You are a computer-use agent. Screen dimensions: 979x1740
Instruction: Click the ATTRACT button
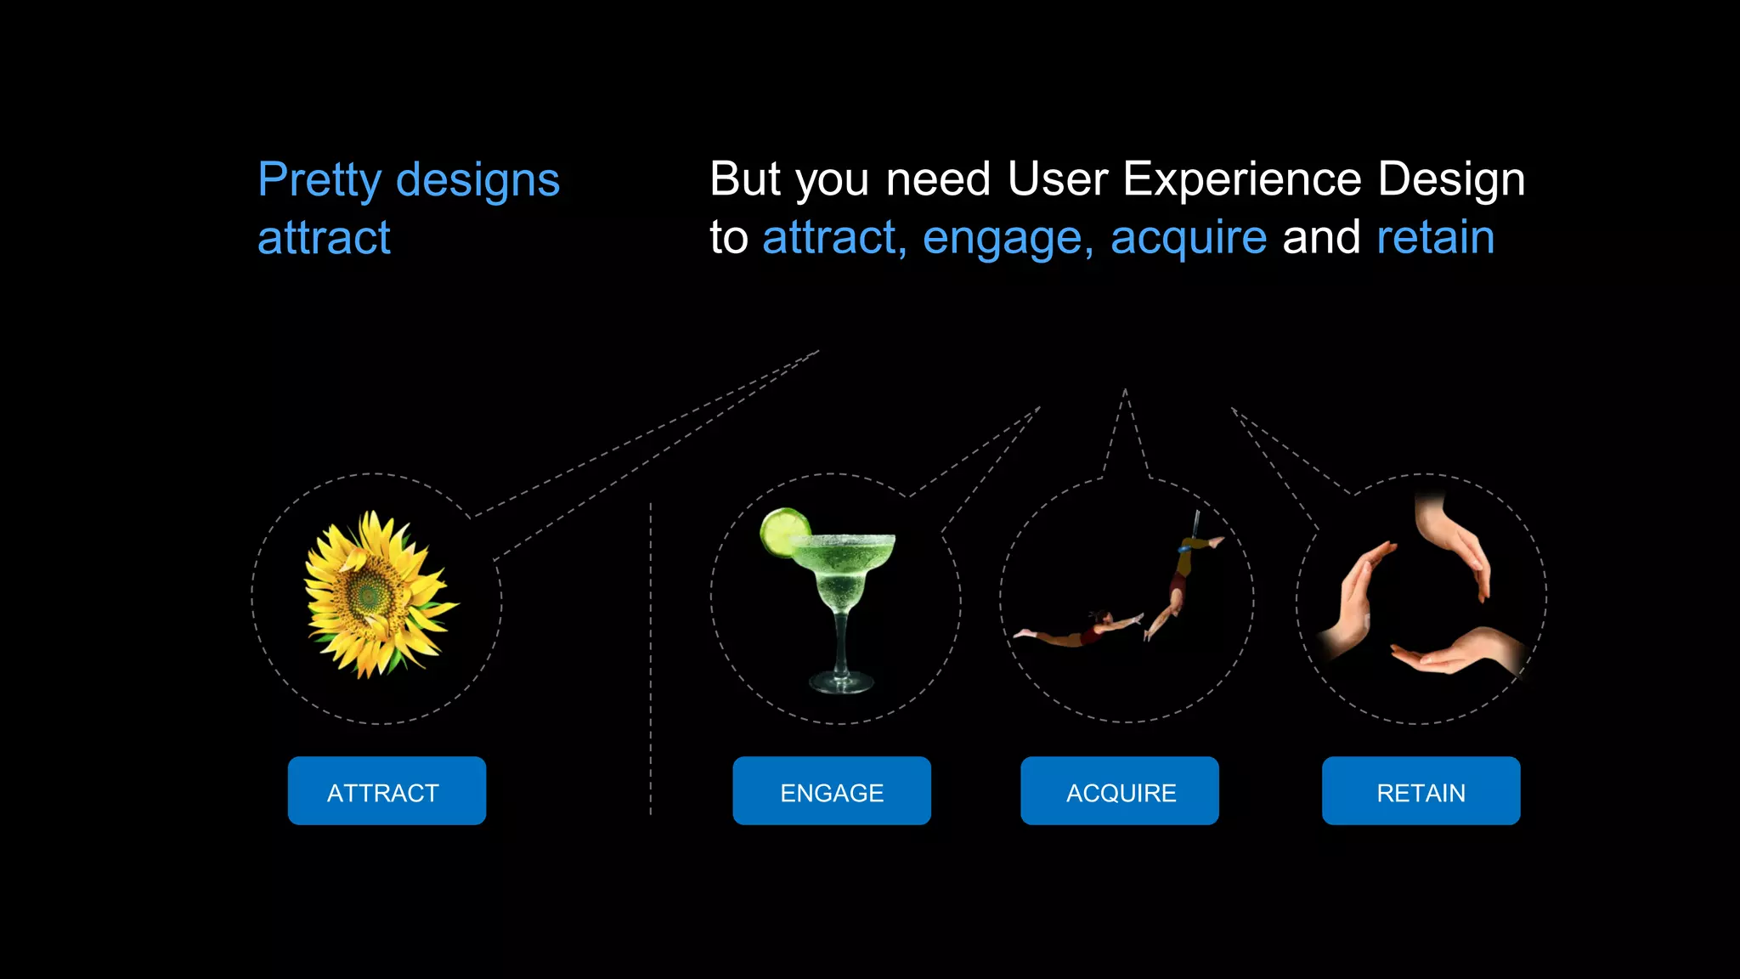[387, 790]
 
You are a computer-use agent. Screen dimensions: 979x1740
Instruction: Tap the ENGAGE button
[832, 790]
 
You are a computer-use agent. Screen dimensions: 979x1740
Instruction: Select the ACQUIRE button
[1120, 790]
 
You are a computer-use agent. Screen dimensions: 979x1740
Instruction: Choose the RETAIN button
[1421, 790]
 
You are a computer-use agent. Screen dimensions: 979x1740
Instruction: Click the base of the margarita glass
[841, 682]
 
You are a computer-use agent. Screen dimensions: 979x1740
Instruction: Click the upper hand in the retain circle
[1455, 544]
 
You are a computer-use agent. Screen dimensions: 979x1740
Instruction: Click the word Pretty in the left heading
[320, 180]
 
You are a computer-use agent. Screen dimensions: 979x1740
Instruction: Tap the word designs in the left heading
[477, 180]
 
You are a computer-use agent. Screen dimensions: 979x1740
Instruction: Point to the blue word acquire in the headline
[1188, 238]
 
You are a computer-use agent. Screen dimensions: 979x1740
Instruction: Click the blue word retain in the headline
[1435, 237]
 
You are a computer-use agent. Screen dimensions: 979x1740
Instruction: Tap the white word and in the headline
[1321, 237]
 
